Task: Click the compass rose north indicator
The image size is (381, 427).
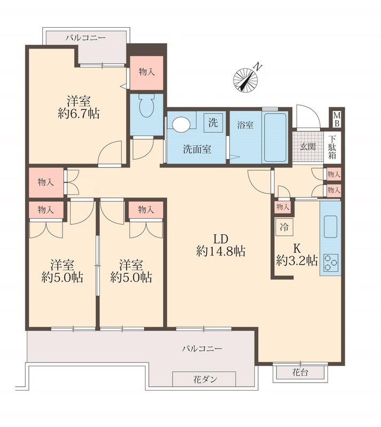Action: [246, 78]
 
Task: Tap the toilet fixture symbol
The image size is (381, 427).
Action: [146, 105]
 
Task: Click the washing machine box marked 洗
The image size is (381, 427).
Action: [213, 123]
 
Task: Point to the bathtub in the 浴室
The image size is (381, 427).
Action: [274, 137]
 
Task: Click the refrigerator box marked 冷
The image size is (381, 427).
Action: [284, 227]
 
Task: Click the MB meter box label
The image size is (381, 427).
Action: [337, 119]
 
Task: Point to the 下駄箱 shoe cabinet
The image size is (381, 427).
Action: [332, 147]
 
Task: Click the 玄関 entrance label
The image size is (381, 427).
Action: [308, 147]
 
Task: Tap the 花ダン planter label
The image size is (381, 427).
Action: [205, 379]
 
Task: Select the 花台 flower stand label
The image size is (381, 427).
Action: [300, 372]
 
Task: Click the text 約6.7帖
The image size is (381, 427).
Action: [79, 113]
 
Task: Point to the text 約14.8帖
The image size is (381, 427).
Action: [221, 251]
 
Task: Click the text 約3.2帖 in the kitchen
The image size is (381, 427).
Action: [297, 260]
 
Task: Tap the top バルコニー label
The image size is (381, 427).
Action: [85, 37]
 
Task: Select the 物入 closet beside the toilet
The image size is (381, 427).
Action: [147, 73]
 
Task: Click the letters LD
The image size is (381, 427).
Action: [221, 239]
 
